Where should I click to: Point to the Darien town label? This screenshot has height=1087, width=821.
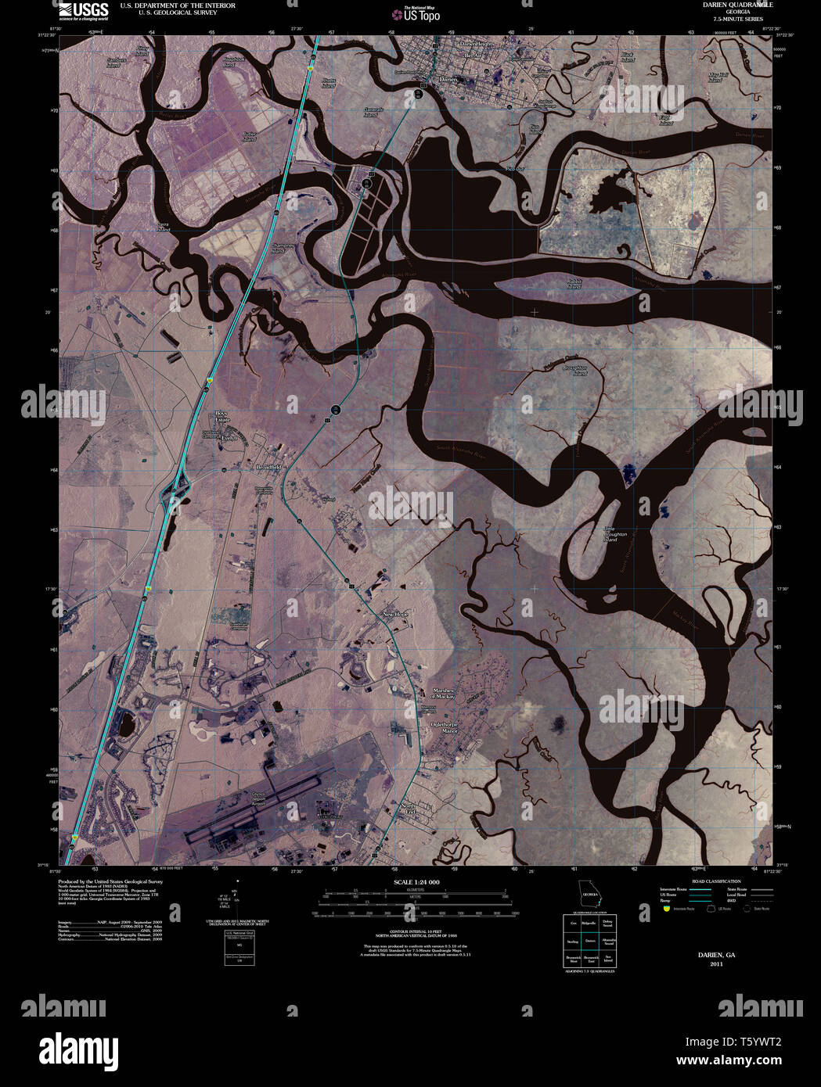pos(448,79)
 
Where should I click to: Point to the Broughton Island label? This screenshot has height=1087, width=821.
pos(575,370)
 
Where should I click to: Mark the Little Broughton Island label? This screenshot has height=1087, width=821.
pos(610,535)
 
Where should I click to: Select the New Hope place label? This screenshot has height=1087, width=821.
pos(395,613)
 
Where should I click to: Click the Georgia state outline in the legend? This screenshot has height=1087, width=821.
pos(589,895)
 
